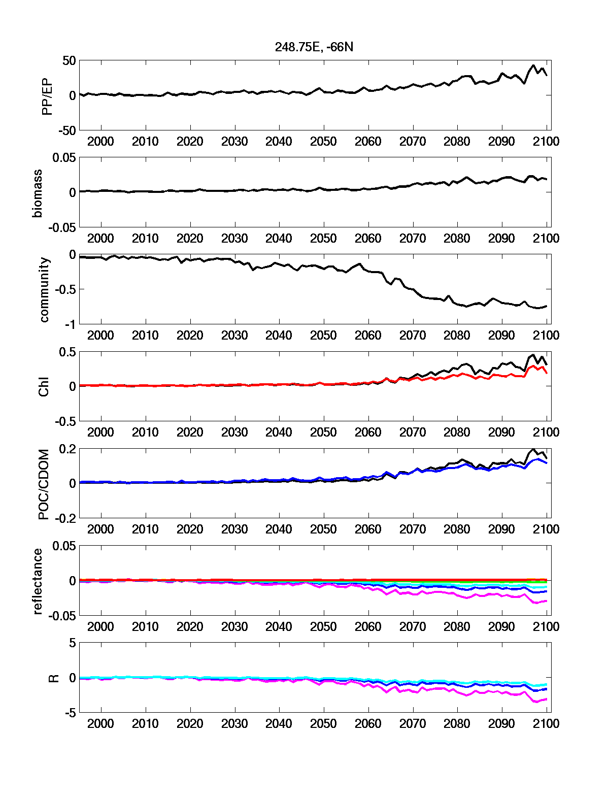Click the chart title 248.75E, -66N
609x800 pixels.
coord(314,47)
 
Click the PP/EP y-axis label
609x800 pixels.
coord(47,95)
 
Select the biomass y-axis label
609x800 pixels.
coord(38,192)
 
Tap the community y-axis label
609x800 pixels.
coord(45,289)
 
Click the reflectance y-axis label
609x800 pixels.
coord(38,581)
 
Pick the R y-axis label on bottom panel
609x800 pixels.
coord(53,678)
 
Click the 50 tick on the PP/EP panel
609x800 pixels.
coord(69,61)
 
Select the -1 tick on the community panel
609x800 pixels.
coord(71,324)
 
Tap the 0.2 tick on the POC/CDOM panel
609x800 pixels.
coord(67,449)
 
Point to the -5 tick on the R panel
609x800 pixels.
coord(71,713)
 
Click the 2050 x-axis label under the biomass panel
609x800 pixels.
coord(323,239)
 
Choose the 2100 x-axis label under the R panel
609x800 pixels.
coord(546,724)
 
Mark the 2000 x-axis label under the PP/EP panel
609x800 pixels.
coord(100,142)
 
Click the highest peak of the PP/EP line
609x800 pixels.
coord(533,65)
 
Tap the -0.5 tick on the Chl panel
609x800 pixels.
coord(65,421)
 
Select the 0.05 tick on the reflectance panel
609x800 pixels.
coord(64,546)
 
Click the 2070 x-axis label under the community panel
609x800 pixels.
coord(413,336)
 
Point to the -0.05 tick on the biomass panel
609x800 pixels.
coord(62,227)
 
